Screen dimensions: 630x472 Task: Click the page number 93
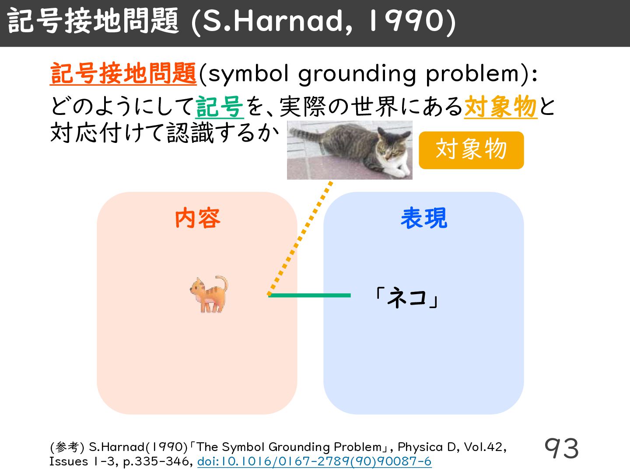(x=561, y=448)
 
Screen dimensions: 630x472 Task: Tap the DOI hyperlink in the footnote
(x=314, y=462)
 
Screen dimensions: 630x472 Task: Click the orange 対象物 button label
(x=471, y=150)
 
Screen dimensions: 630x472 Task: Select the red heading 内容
(x=197, y=218)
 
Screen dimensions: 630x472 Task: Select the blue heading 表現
(x=424, y=218)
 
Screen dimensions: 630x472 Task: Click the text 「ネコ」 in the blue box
(x=407, y=298)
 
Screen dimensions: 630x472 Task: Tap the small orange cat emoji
(x=209, y=294)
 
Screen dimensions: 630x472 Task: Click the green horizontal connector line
(x=309, y=295)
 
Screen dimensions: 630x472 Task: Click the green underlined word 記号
(x=220, y=107)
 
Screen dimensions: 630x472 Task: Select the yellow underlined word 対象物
(x=500, y=107)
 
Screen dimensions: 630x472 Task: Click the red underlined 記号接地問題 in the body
(x=123, y=74)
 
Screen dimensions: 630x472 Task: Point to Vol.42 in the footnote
(x=485, y=447)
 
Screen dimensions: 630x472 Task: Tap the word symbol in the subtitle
(x=248, y=74)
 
